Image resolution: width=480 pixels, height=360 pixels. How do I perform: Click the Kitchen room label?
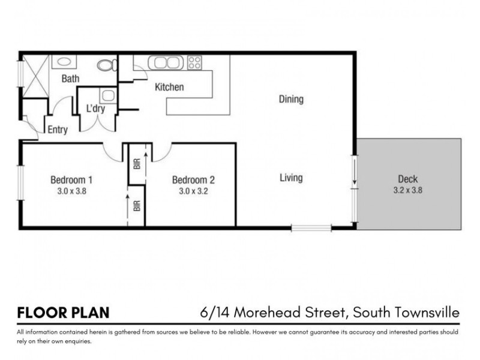[169, 88]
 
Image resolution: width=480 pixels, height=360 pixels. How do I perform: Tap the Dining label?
[291, 100]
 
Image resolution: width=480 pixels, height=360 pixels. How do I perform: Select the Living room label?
[291, 178]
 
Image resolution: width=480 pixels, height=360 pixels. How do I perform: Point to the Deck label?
[407, 179]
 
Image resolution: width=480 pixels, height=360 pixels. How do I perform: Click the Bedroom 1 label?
[71, 179]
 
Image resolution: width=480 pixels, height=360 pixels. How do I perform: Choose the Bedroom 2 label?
[193, 179]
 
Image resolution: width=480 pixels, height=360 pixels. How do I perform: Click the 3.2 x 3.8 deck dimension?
[408, 191]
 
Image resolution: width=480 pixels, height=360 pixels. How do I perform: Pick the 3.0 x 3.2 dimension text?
[193, 191]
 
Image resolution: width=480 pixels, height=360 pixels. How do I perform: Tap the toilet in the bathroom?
[107, 64]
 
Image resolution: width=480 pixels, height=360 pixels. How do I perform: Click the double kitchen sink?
[165, 62]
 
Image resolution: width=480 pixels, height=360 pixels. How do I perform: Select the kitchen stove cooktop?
[194, 62]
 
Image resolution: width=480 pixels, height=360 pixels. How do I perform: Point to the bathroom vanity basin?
[62, 61]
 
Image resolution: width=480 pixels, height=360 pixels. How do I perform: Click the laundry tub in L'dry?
[108, 95]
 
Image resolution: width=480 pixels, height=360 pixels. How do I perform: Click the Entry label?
[58, 130]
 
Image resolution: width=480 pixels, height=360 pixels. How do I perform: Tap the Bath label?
[71, 79]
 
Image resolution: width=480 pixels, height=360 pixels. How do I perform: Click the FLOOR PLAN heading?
[64, 313]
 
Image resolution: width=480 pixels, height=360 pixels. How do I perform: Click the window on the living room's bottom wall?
[311, 227]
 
